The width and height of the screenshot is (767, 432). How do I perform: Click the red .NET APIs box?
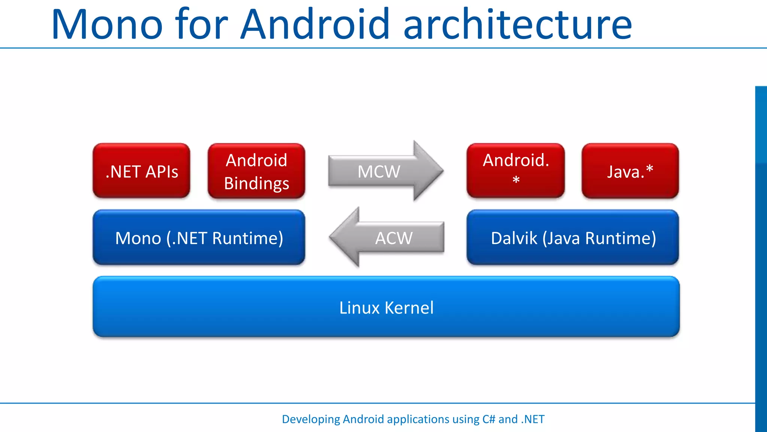click(x=142, y=171)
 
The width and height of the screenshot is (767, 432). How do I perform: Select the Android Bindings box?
click(x=257, y=171)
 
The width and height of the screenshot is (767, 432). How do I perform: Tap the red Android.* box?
click(x=516, y=171)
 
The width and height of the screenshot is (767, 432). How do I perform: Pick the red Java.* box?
click(x=630, y=171)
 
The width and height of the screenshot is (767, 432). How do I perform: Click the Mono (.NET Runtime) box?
click(x=199, y=238)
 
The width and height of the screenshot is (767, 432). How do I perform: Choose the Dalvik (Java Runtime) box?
click(x=573, y=238)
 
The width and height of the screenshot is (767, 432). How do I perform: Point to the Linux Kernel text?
click(x=386, y=307)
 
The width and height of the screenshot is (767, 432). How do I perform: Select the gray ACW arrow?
click(x=393, y=238)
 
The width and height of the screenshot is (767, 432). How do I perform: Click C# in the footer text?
click(x=489, y=419)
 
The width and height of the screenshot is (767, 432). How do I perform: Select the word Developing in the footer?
click(x=310, y=419)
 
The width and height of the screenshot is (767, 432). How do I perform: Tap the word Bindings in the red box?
click(x=257, y=183)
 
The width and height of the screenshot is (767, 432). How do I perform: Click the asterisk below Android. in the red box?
click(x=516, y=181)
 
